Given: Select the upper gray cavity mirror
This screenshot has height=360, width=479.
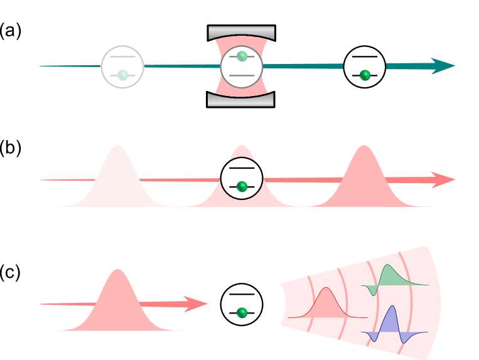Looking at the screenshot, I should coord(241,33).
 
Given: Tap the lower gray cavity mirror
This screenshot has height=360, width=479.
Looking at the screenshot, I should coord(241,100).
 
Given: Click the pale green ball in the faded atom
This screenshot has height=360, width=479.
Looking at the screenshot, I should coord(122,75).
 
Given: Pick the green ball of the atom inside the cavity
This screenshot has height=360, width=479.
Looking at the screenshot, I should coord(242,56).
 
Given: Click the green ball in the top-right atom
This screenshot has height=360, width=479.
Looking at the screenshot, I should coord(365,75).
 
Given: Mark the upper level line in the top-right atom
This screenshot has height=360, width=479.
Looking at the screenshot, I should coord(365,56).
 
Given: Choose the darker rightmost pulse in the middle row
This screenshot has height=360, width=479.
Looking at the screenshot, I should coord(364,179).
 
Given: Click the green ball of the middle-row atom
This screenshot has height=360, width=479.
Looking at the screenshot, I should coord(242,186).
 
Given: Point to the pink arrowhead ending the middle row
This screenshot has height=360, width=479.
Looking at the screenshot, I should coord(444,180).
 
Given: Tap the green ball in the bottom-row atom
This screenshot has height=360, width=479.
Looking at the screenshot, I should coord(242,312).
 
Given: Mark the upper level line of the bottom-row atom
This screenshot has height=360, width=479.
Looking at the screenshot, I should coord(242,294).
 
